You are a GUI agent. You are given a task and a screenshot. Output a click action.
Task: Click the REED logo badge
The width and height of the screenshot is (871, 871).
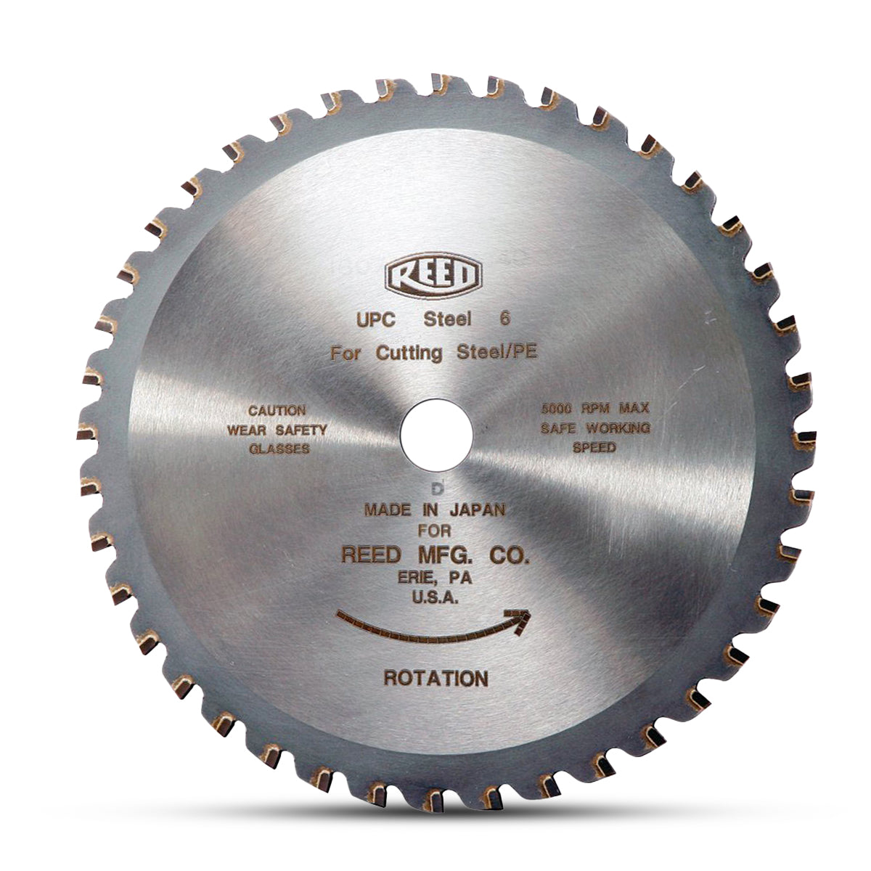point(433,275)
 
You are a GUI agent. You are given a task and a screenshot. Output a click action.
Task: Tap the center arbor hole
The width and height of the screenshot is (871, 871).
point(436,435)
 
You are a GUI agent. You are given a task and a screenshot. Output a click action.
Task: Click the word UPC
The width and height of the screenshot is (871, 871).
point(376,320)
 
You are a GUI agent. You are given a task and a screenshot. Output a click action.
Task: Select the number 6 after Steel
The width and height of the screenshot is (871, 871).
point(504,319)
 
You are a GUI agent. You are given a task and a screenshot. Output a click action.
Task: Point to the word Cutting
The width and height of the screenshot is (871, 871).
point(409,353)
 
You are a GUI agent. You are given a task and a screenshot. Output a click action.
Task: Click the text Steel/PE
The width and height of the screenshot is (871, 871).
point(497,351)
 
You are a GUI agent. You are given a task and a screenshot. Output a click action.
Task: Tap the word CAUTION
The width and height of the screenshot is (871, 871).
point(277,411)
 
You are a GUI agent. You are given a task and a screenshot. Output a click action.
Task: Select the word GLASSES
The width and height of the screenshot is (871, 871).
point(279,449)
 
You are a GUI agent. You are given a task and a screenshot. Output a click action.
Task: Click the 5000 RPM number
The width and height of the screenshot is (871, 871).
point(557,409)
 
